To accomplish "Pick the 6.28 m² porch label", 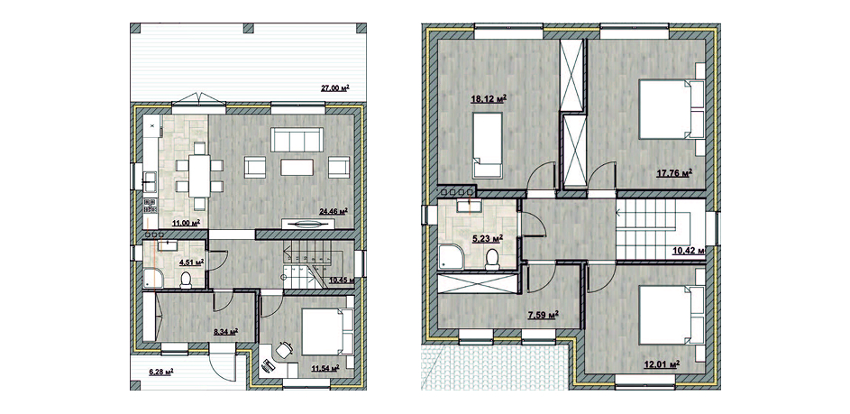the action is (161, 372).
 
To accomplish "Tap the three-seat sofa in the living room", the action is (297, 140).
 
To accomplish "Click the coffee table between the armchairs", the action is (297, 166).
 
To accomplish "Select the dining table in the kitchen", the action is (199, 175).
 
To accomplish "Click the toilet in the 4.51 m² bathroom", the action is (186, 280).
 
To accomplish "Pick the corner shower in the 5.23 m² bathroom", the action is (451, 256).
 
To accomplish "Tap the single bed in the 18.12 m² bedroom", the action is (488, 145).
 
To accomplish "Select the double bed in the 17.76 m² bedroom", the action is (672, 109).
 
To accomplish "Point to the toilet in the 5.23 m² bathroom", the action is (493, 260).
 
